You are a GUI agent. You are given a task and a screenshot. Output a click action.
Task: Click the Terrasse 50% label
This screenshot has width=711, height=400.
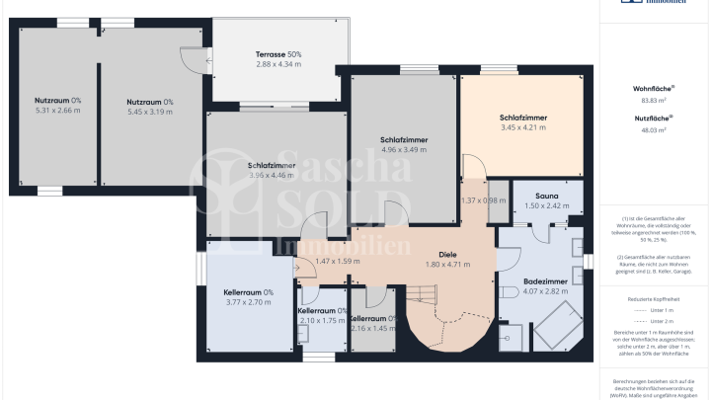point(278,53)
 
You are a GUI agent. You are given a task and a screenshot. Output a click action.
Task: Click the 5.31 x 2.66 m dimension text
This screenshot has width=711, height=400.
point(57,111)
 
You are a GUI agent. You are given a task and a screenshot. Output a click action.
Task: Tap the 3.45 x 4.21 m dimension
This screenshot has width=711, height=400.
point(522,127)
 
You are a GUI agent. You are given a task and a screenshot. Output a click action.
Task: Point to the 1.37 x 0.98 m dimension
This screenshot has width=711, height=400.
point(483,200)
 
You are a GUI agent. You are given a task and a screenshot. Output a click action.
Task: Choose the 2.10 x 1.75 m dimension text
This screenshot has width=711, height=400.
point(321,321)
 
